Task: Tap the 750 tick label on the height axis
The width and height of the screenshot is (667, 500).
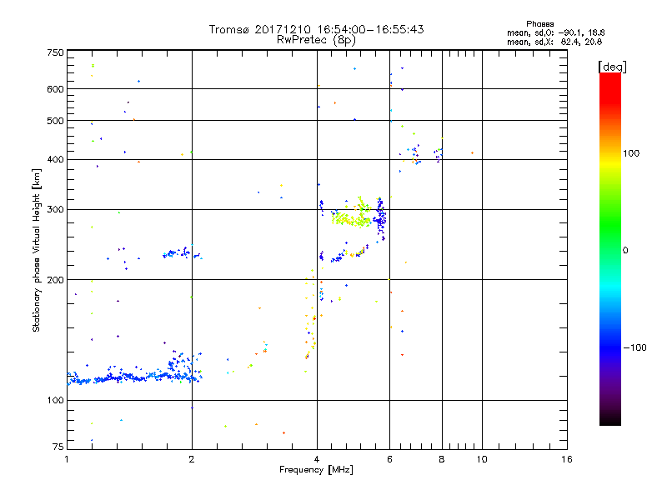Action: tap(55, 52)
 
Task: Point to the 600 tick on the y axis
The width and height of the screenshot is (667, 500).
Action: tap(55, 88)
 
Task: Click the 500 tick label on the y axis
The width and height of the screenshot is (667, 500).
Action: tap(55, 120)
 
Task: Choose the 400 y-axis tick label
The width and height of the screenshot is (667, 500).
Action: tap(55, 159)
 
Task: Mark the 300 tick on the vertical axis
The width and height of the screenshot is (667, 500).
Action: tap(55, 209)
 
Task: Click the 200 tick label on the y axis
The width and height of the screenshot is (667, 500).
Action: tap(55, 279)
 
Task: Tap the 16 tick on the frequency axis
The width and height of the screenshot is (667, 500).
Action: tap(567, 459)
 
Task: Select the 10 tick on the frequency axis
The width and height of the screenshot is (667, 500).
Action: tap(481, 459)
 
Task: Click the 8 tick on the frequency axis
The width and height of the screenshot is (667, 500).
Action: tap(442, 459)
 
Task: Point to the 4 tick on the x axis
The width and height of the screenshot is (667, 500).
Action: tap(317, 459)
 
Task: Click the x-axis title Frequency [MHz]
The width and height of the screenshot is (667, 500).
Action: tap(317, 471)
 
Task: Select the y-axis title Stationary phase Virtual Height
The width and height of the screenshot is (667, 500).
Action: tap(37, 250)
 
